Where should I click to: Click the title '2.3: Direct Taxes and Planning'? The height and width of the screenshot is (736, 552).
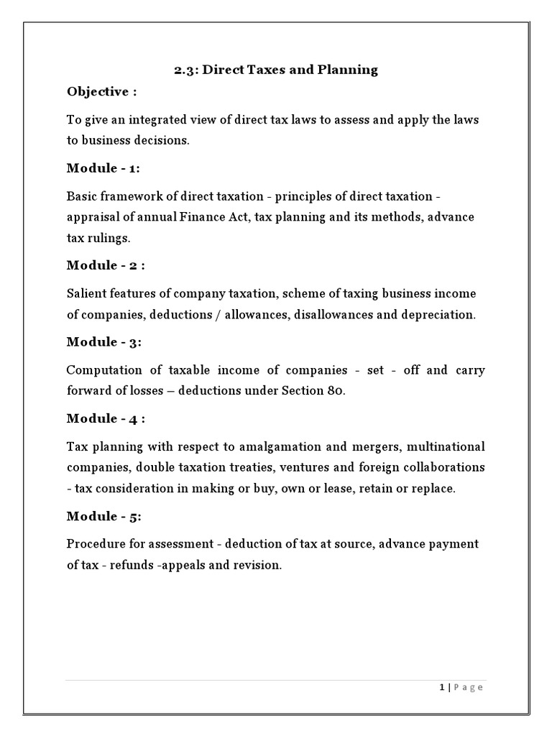(x=276, y=70)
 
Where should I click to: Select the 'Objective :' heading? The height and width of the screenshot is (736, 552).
(x=101, y=91)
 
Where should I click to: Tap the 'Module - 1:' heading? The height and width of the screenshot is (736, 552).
(x=103, y=168)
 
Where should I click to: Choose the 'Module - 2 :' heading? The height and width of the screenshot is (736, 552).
(x=106, y=265)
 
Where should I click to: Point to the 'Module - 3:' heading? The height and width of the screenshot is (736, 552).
(x=103, y=341)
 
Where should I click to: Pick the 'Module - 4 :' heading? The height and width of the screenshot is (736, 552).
(x=106, y=418)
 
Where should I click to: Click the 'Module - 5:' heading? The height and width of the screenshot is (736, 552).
(x=103, y=516)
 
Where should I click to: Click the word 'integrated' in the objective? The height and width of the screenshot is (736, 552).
(x=152, y=120)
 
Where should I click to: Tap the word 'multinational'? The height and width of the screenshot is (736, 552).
(x=445, y=447)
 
